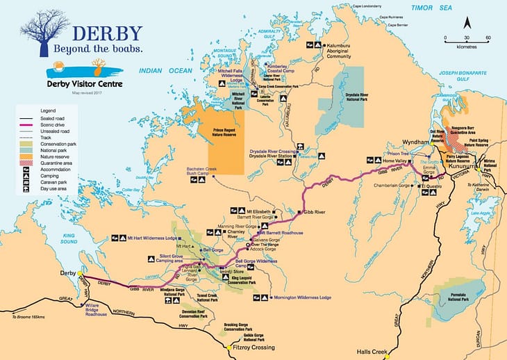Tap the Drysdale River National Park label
click(x=356, y=97)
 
